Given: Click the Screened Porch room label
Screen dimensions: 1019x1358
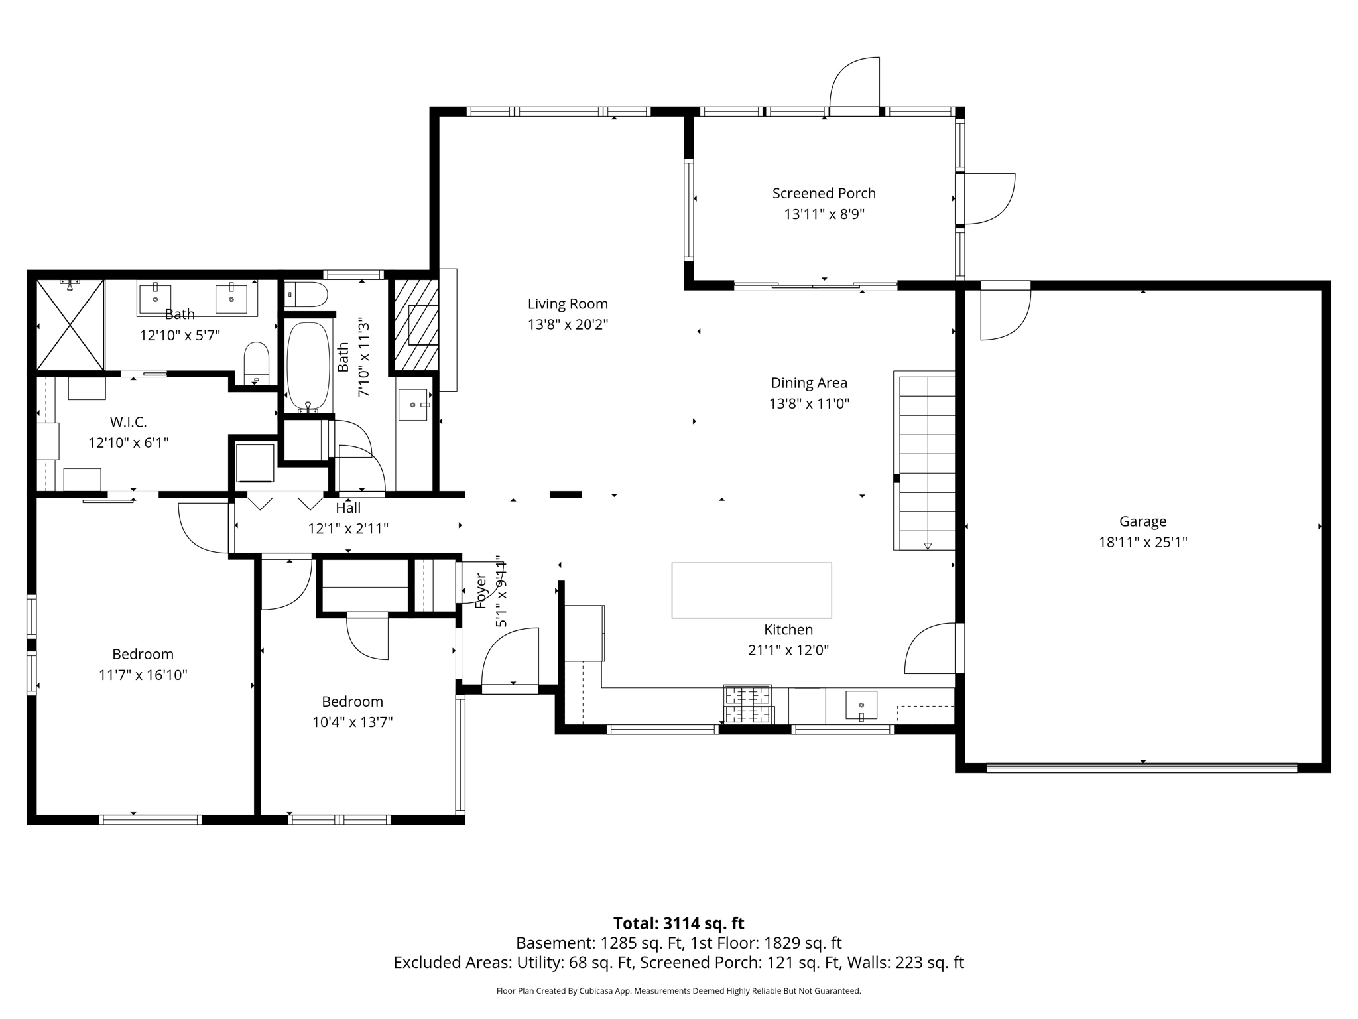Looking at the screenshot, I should pos(824,193).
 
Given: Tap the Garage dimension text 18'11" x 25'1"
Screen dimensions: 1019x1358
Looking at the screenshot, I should pos(1142,542).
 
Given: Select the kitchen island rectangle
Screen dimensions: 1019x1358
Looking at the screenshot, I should pos(751,590).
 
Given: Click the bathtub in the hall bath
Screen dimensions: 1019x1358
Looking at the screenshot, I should pos(308,366).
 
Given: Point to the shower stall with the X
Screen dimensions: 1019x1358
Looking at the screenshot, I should pos(70,324).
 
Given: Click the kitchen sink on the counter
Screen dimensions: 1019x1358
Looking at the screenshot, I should pos(861,705).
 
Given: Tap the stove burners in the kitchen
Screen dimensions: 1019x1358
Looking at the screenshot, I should pos(748,705).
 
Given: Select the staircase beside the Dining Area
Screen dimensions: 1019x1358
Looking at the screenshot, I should pos(926,461).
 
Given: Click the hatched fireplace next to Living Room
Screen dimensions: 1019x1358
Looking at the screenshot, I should pos(416,324).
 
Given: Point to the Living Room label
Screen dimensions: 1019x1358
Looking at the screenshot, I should pos(568,304).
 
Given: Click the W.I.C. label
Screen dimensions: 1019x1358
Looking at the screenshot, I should pos(128,422).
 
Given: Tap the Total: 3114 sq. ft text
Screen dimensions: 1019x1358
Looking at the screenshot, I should pos(678,923).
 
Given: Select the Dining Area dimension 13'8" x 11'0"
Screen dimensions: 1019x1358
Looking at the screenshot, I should pos(809,403).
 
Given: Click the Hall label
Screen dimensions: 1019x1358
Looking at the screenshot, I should pos(348,508).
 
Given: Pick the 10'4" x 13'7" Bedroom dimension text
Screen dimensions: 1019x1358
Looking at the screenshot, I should pos(352,722).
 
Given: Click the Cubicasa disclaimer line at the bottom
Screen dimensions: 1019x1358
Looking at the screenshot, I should pos(678,991).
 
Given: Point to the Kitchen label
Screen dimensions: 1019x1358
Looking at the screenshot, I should pos(788,630).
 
